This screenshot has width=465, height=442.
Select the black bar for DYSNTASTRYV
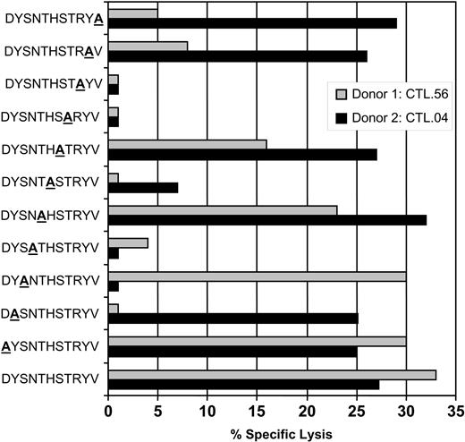143,187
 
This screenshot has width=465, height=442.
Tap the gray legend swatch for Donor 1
341,93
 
